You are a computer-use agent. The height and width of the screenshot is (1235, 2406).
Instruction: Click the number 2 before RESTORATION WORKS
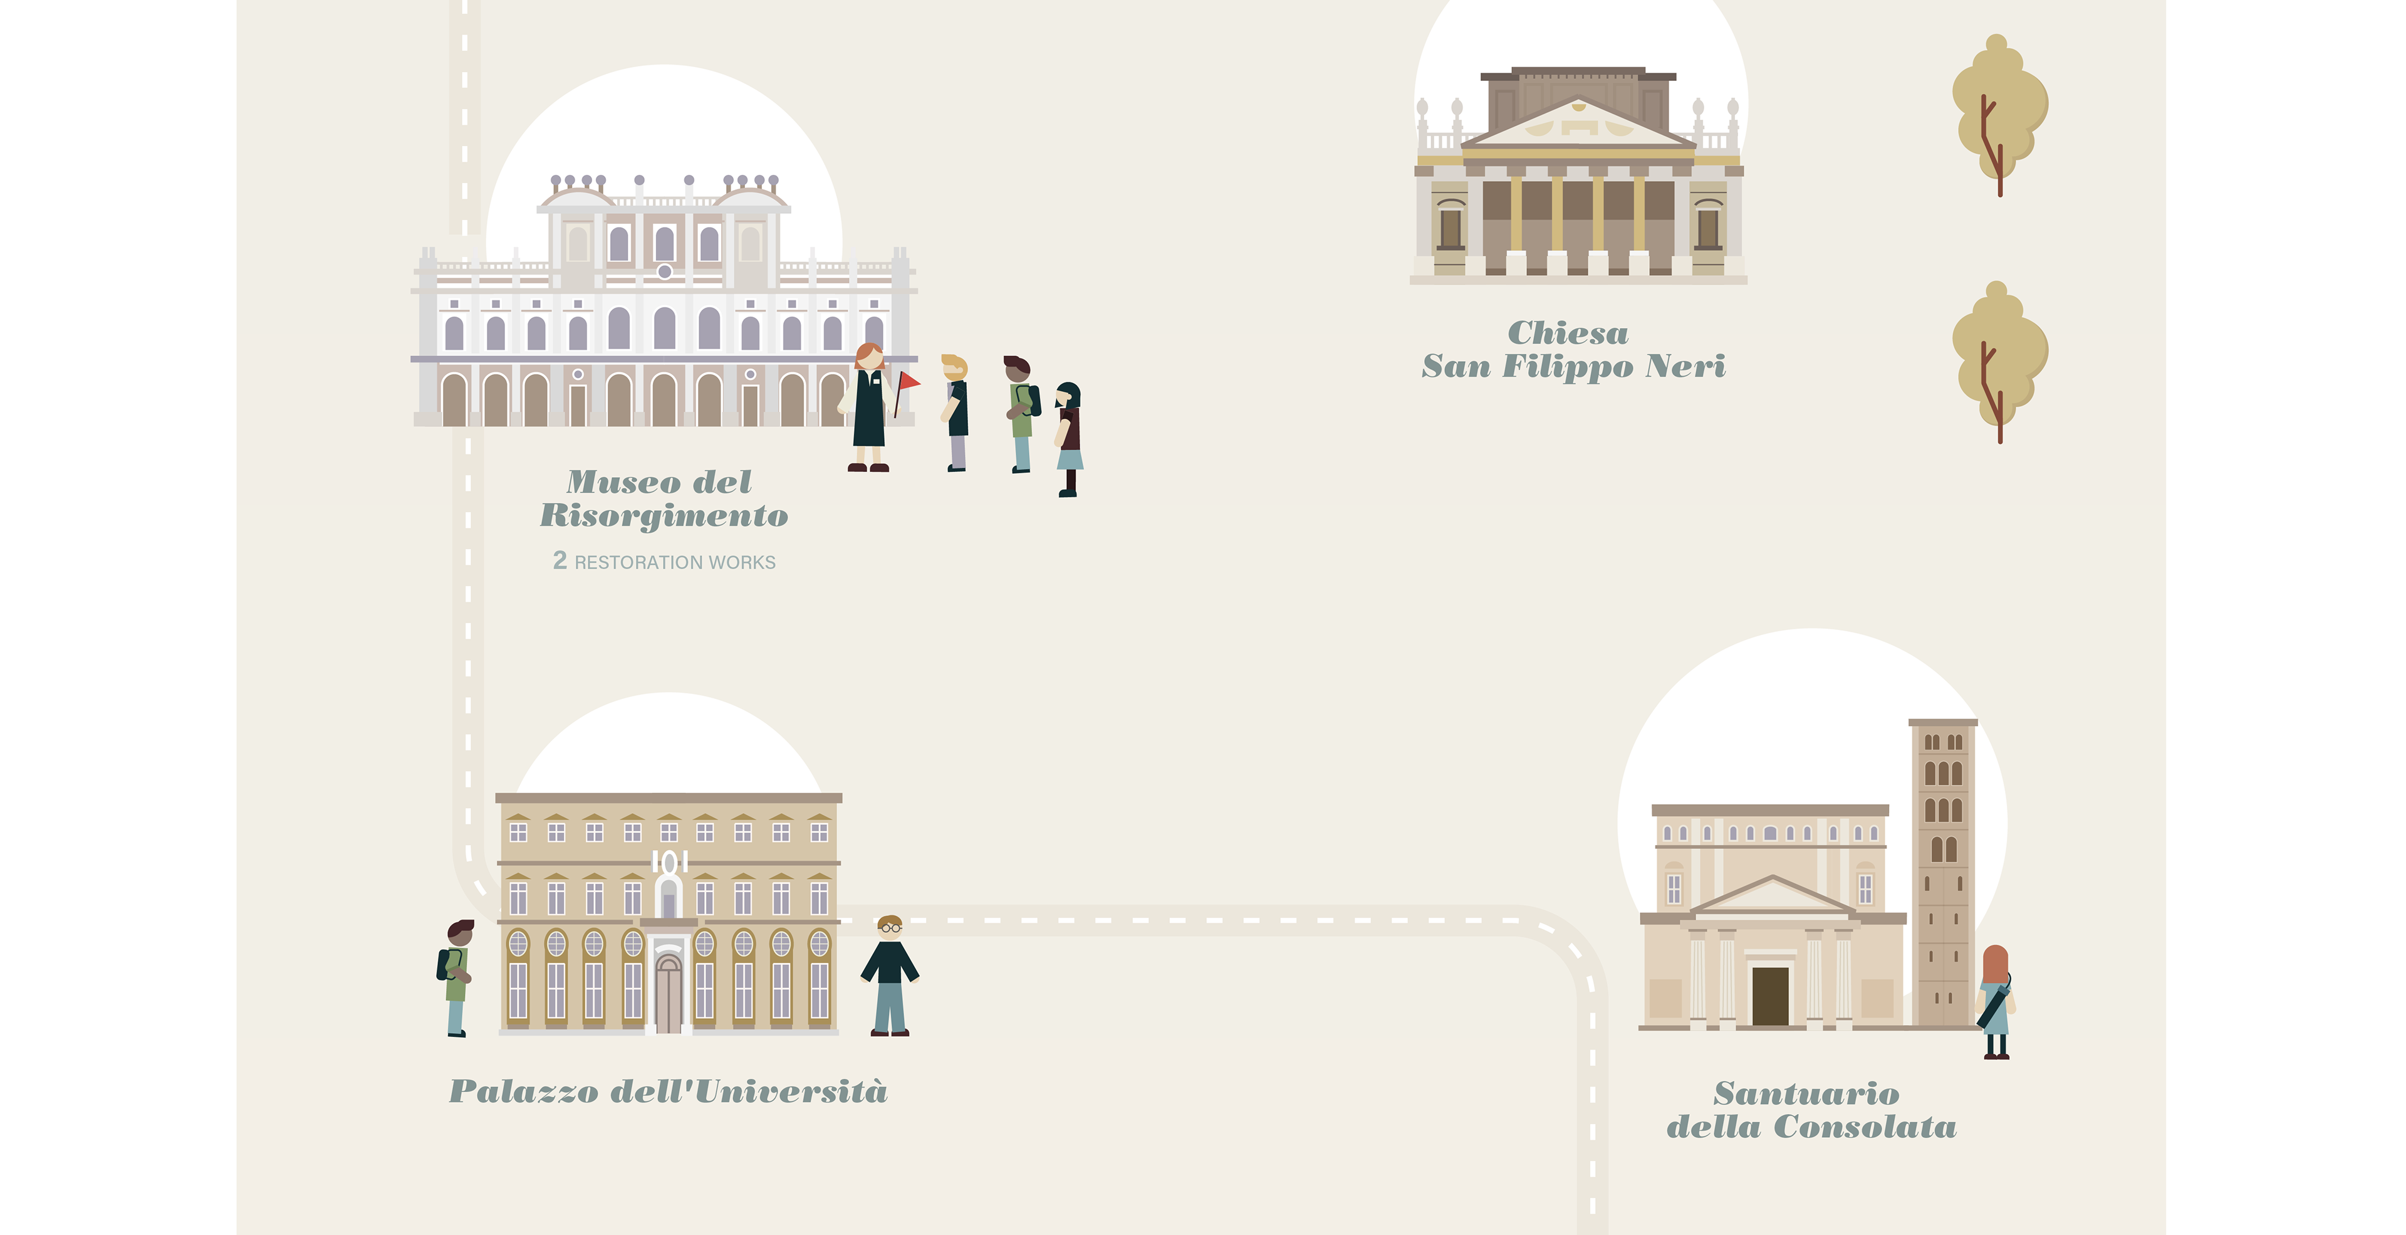click(560, 560)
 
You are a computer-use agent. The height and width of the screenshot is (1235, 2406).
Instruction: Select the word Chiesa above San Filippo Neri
click(1568, 334)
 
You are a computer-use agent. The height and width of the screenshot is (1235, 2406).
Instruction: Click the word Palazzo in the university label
click(523, 1091)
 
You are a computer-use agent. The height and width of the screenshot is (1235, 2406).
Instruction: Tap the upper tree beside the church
click(1999, 112)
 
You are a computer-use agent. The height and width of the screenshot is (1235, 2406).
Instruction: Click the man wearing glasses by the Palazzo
click(890, 975)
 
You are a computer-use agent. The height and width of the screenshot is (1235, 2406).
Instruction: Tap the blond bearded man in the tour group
click(956, 411)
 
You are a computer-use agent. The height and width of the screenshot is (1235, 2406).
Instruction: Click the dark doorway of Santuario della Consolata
click(1770, 996)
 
